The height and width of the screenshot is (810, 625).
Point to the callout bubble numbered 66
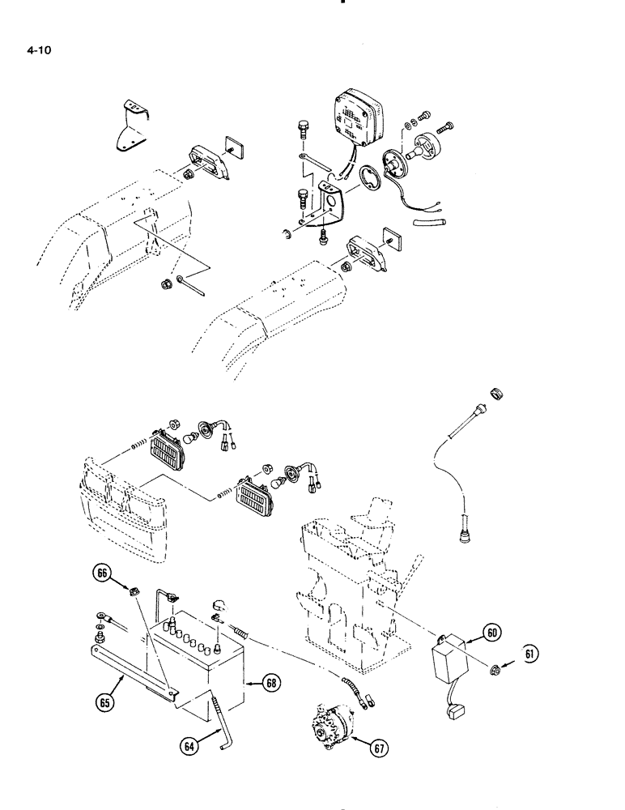[x=102, y=573]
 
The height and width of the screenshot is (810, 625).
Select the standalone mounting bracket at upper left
[x=129, y=126]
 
